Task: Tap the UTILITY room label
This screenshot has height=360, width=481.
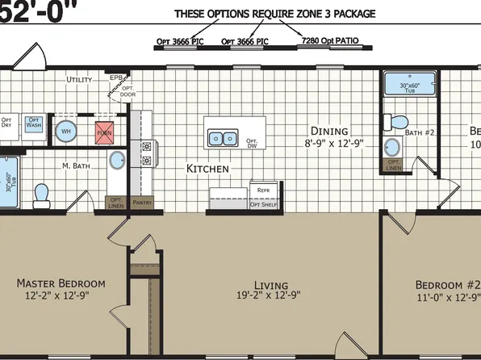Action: point(79,80)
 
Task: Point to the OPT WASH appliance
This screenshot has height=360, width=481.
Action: point(33,125)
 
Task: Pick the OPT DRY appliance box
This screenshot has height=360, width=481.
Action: point(6,125)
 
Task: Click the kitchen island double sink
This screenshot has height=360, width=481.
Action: point(223,138)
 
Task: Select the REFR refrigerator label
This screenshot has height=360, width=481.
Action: point(262,190)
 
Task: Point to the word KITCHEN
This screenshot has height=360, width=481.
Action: point(208,170)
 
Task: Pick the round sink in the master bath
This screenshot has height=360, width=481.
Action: point(116,159)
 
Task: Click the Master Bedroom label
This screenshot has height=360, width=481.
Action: point(61,284)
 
